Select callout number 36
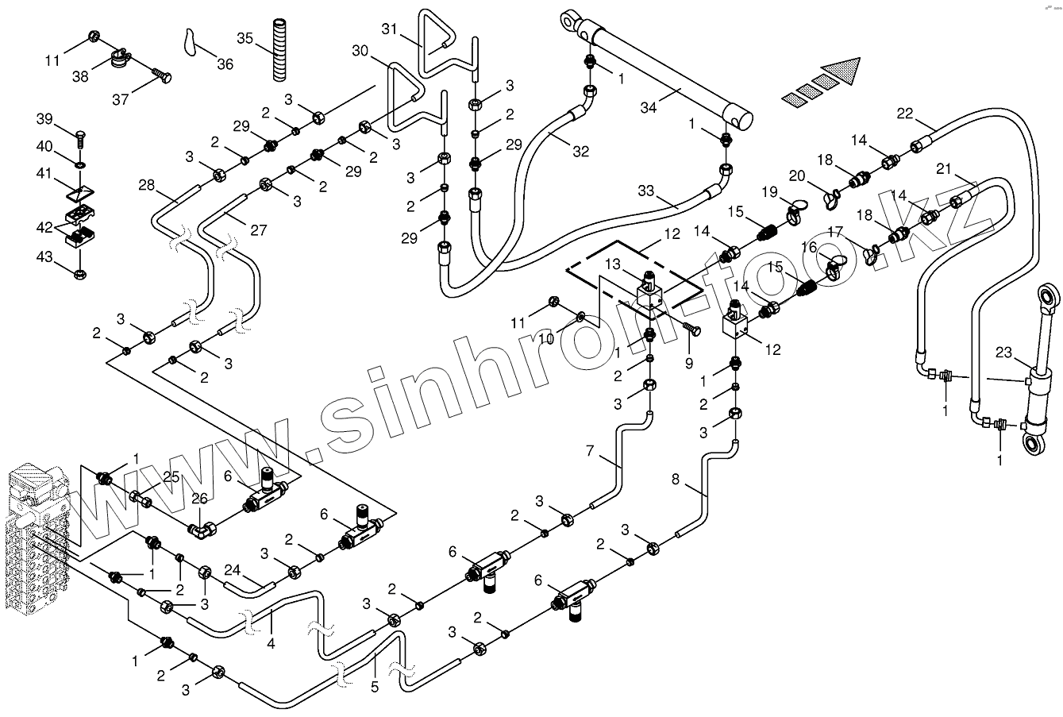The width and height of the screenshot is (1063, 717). (225, 64)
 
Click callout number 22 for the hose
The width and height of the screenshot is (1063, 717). (906, 113)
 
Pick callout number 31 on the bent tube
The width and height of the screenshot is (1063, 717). (389, 30)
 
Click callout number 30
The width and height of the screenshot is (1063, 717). (360, 51)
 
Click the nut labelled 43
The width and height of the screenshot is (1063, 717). (80, 275)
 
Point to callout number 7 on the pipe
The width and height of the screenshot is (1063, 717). (590, 452)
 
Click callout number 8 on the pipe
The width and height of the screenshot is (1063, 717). (675, 479)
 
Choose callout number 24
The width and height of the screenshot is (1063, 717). (232, 569)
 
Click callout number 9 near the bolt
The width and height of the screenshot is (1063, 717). (689, 364)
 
